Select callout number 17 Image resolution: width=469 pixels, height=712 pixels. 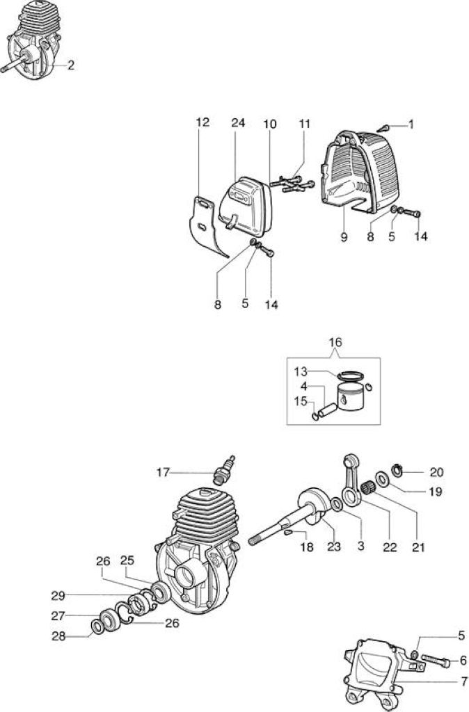(163, 473)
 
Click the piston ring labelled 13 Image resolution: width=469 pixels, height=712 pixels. (351, 375)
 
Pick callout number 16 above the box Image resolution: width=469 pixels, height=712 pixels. (335, 342)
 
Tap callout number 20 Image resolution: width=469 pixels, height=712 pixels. (437, 472)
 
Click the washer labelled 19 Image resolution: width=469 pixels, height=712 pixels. (381, 478)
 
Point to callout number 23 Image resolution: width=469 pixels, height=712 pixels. (333, 547)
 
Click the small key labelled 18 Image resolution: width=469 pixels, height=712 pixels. (288, 533)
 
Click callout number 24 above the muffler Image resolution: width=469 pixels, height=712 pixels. (238, 122)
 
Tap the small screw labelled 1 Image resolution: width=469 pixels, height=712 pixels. (384, 128)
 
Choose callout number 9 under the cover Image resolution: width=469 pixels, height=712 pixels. (344, 236)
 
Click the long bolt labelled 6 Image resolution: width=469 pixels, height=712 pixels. (436, 662)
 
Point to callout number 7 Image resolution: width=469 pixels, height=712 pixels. (463, 681)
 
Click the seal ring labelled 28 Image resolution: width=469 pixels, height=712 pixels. (97, 626)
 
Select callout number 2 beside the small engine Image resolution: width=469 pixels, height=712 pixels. (70, 65)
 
